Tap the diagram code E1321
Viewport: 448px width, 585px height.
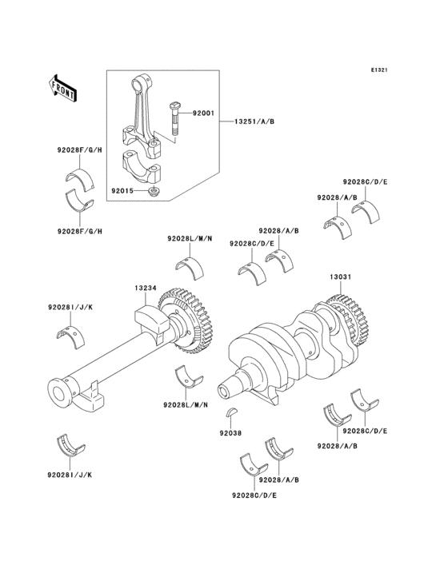click(379, 70)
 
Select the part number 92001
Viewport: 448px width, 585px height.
click(203, 113)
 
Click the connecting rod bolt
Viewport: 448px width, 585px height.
click(174, 120)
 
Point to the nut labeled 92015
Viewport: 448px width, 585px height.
click(152, 192)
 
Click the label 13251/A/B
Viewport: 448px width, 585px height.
click(254, 121)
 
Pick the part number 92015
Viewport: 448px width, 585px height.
click(122, 190)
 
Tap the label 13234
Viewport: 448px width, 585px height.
click(146, 288)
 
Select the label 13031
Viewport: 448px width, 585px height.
click(340, 277)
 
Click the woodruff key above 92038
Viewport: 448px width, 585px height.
click(230, 412)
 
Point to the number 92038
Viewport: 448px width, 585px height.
click(230, 433)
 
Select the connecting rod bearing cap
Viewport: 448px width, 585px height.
click(141, 168)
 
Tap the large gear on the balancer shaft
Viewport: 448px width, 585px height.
click(186, 320)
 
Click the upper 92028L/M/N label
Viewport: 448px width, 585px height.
click(190, 238)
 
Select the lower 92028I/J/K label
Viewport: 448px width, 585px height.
click(70, 475)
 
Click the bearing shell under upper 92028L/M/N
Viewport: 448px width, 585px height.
click(190, 267)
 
